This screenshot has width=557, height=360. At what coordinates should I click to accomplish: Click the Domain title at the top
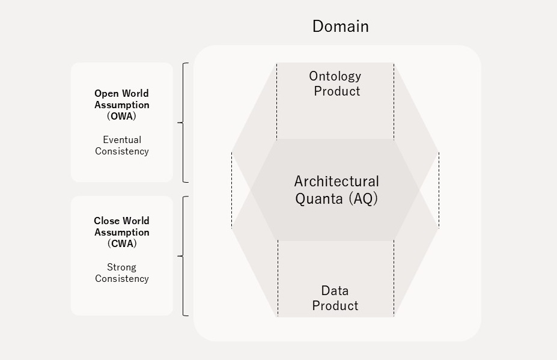point(340,26)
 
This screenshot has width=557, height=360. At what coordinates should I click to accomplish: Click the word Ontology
point(335,76)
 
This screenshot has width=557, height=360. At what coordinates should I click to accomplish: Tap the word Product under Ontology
point(337,91)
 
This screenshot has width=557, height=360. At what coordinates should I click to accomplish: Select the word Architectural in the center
point(336,182)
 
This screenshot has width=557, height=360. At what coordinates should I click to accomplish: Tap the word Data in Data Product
point(335,291)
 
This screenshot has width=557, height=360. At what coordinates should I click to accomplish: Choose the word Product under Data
point(335,306)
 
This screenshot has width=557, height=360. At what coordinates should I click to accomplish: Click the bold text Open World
point(121,94)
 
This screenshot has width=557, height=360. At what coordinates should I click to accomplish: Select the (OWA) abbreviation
point(121,117)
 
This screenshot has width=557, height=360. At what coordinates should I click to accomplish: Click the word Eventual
point(122,140)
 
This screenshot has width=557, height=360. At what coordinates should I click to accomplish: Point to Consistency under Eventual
point(122,151)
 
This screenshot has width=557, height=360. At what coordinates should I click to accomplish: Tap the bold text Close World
point(121,221)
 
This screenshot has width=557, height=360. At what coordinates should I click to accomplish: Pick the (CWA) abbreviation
point(121,244)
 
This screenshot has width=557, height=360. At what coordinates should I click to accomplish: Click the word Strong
point(122,267)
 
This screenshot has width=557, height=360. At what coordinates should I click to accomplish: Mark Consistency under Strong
point(122,279)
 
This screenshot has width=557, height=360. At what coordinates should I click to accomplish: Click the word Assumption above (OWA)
point(121,105)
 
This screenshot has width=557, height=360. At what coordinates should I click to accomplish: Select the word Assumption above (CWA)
point(121,233)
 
